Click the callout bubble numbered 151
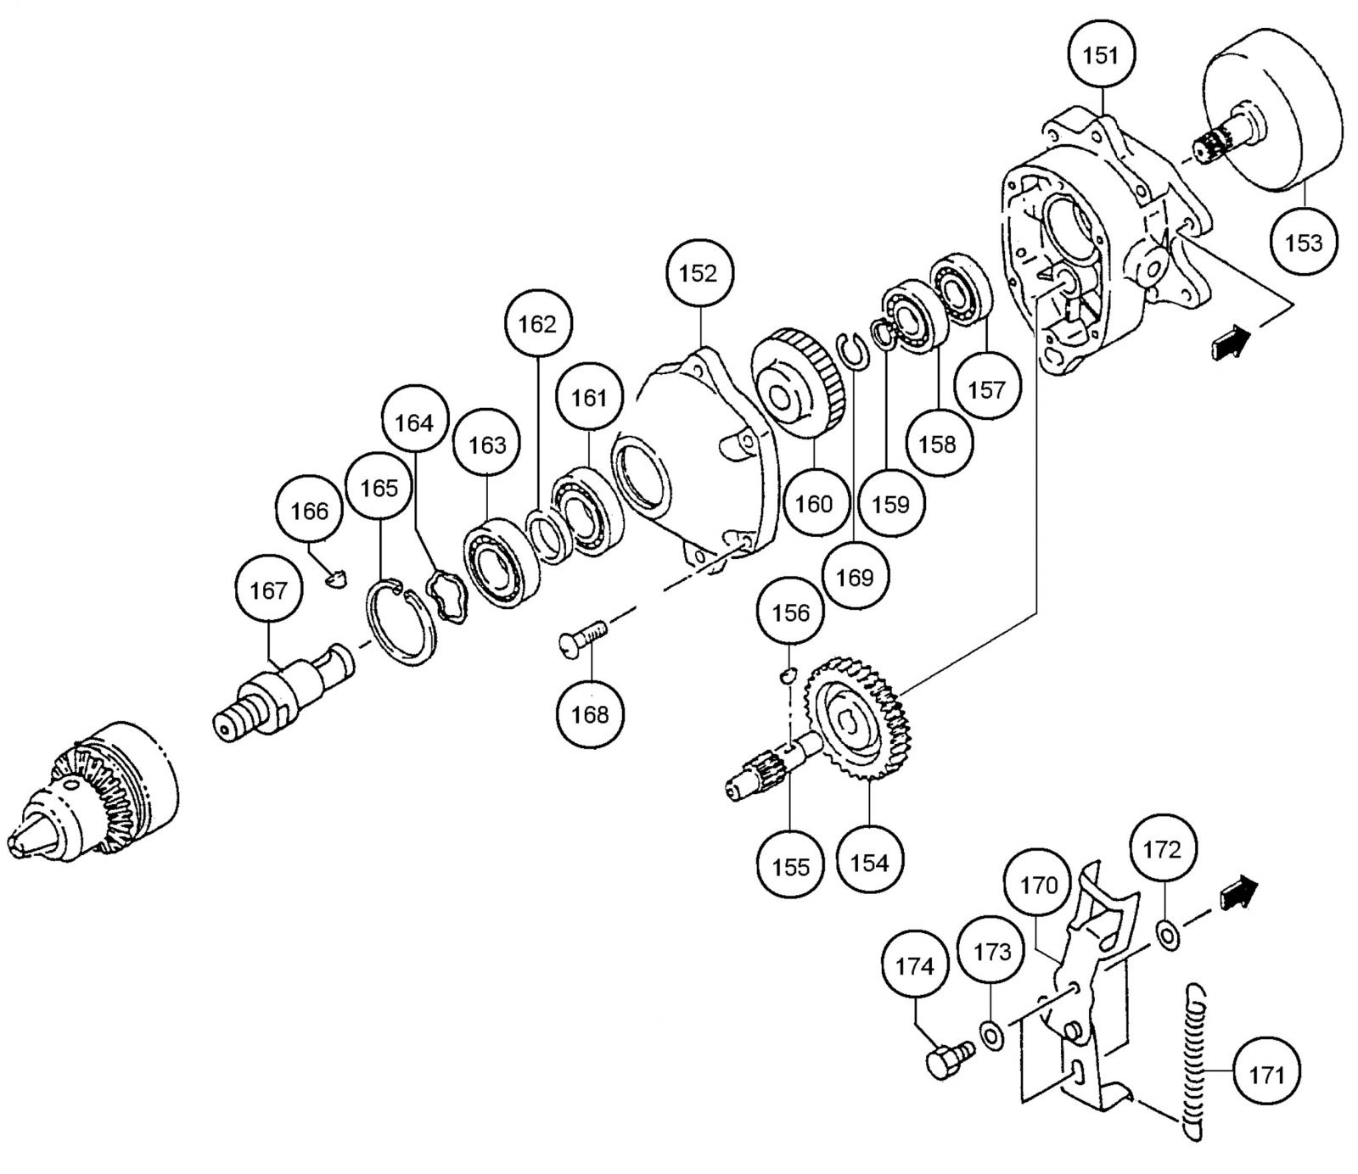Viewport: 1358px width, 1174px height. pos(1101,56)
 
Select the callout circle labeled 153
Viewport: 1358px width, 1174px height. pos(1303,243)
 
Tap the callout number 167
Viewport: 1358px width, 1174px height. pos(269,590)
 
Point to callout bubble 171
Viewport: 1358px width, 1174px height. pos(1265,1076)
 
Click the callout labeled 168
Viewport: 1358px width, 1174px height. pos(590,714)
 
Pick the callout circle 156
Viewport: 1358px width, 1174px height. pos(791,612)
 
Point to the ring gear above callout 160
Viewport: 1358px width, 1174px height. pos(800,384)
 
